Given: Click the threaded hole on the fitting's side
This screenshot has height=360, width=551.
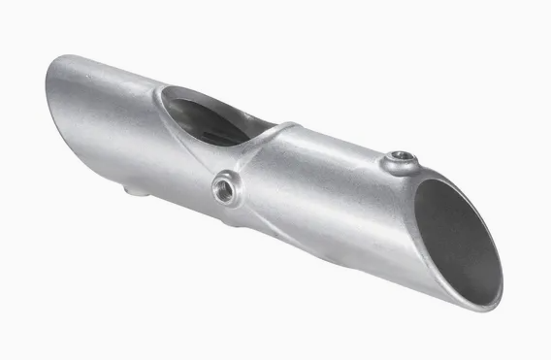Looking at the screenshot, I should click(x=225, y=188).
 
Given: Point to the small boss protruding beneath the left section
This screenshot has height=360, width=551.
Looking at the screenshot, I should click(x=136, y=191).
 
